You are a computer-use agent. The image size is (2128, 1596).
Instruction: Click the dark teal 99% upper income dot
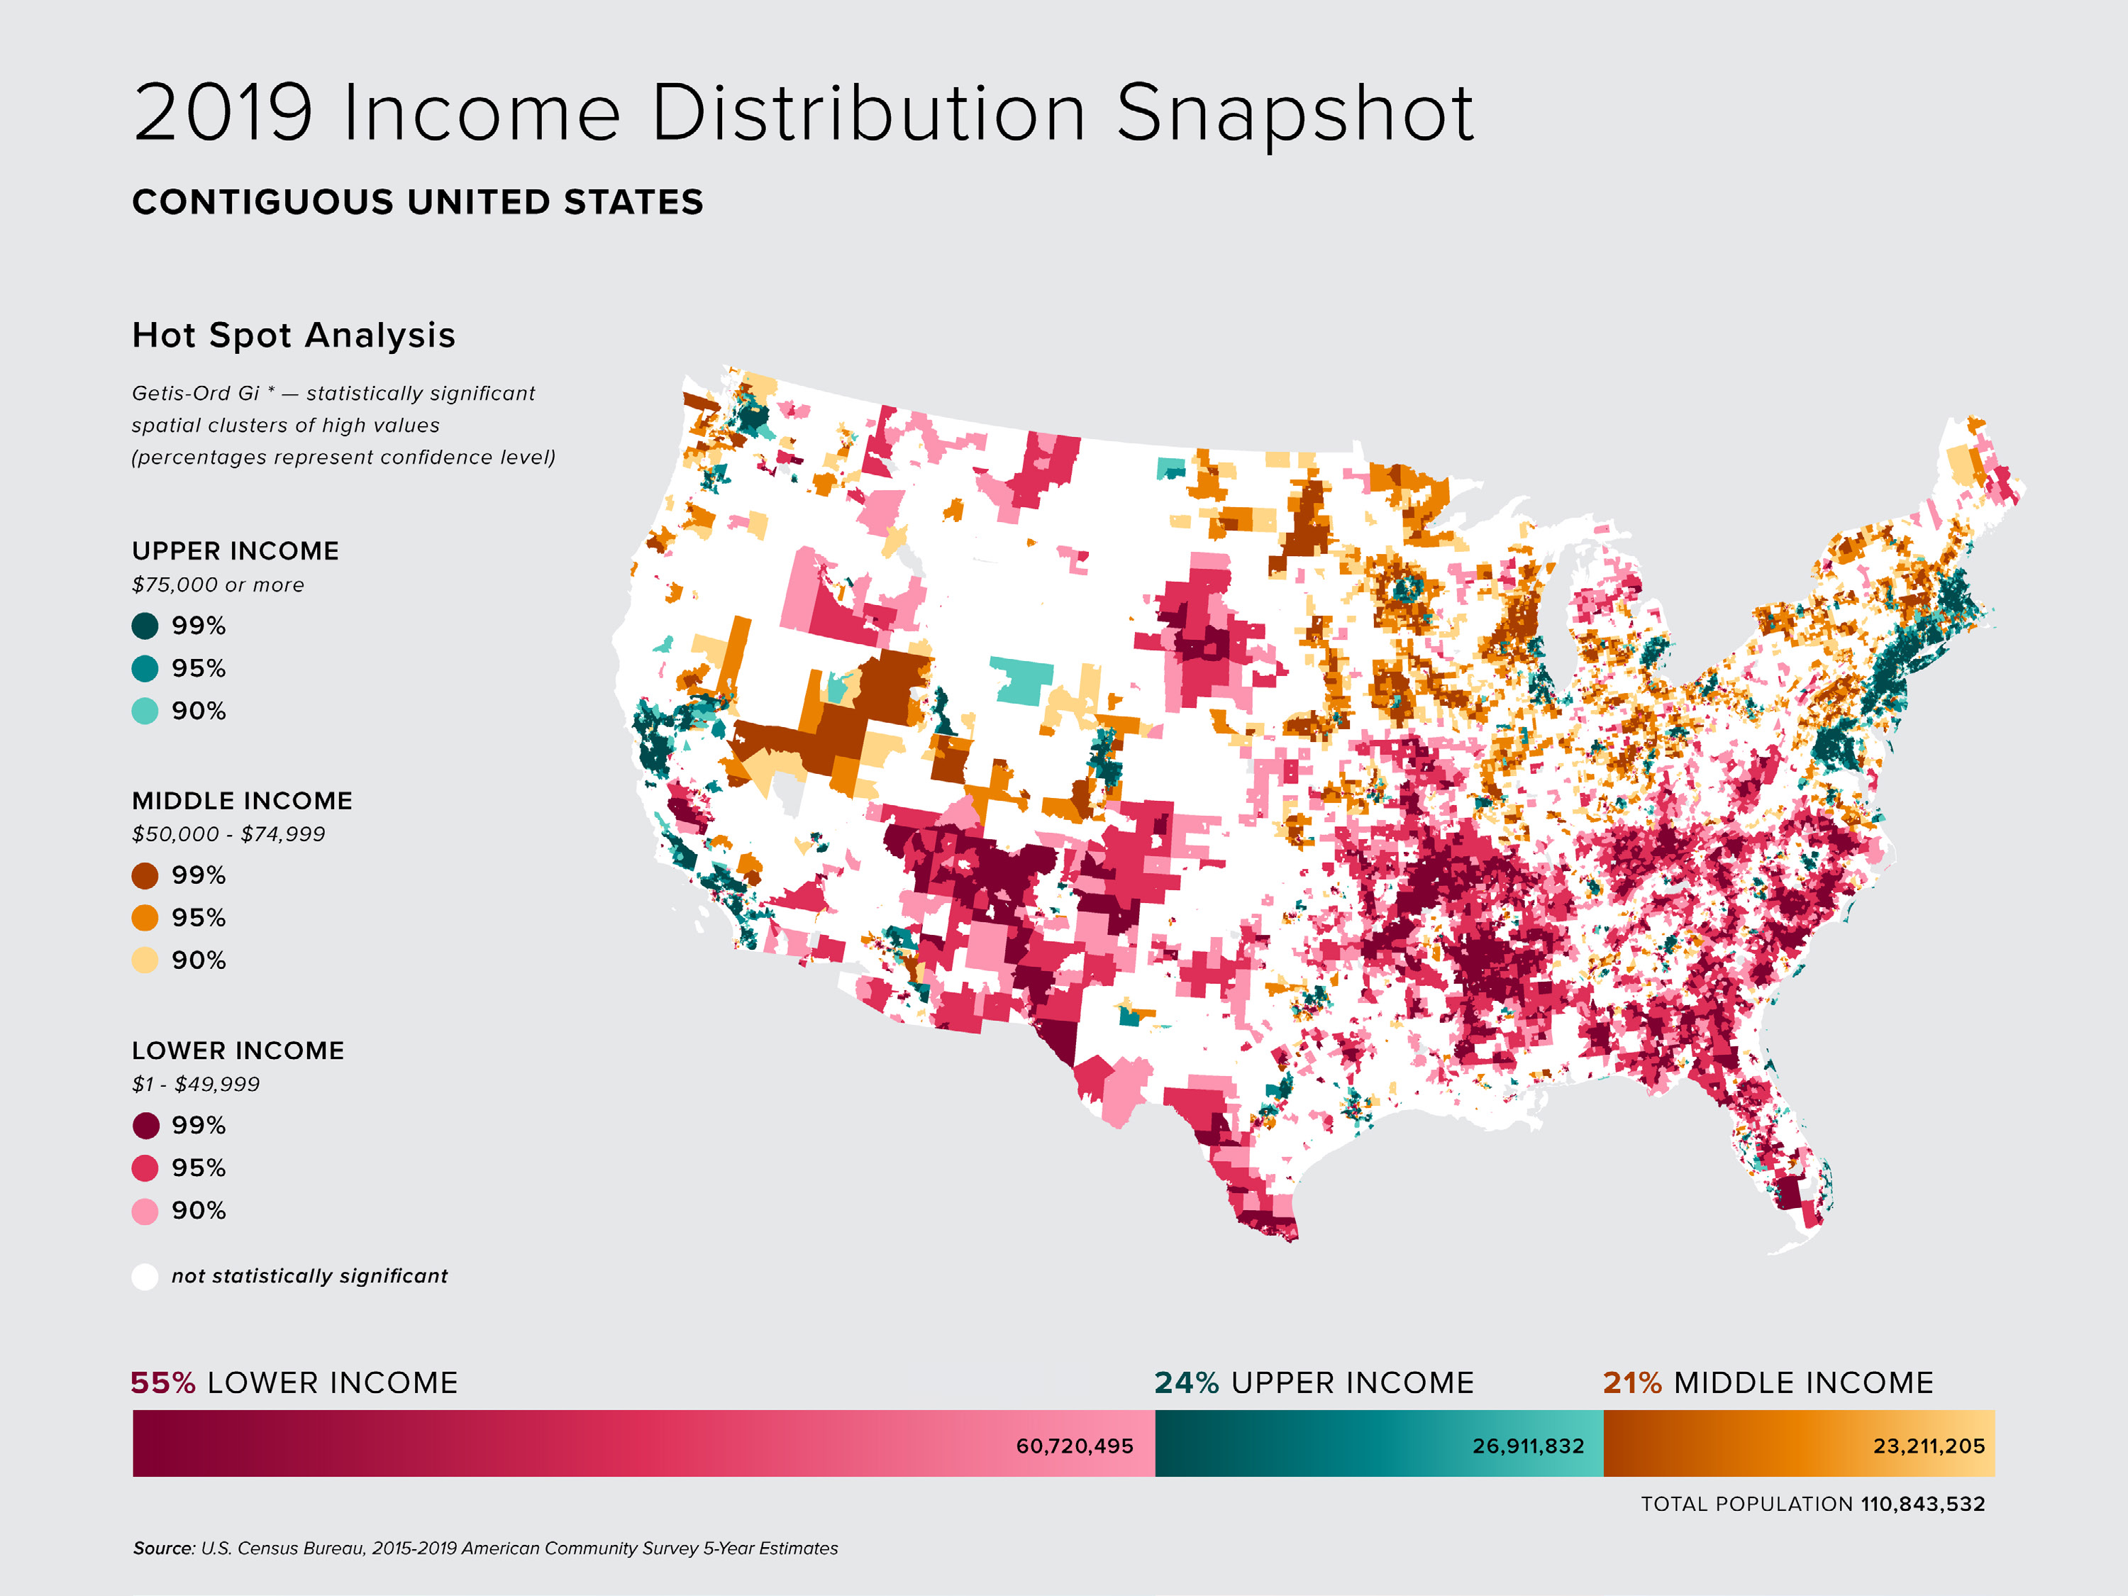[x=144, y=626]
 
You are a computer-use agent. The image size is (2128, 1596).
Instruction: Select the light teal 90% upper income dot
[x=144, y=711]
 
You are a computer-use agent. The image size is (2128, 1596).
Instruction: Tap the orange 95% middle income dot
[x=144, y=918]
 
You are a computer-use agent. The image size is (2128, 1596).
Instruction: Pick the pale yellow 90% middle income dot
[x=144, y=960]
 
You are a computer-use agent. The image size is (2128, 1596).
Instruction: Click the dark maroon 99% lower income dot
[x=144, y=1126]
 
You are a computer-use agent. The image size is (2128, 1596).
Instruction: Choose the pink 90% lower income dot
[x=144, y=1212]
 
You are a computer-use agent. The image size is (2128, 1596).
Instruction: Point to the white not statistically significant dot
[x=144, y=1277]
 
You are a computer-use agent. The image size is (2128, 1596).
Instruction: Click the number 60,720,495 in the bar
[x=1074, y=1446]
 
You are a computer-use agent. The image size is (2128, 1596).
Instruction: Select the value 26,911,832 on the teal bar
[x=1528, y=1446]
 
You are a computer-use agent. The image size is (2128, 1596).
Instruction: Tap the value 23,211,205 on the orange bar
[x=1928, y=1446]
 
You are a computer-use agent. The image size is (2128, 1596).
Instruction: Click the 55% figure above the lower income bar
[x=162, y=1383]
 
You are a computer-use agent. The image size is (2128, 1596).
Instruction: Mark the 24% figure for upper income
[x=1186, y=1383]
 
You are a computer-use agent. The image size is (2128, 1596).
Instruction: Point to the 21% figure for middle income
[x=1631, y=1383]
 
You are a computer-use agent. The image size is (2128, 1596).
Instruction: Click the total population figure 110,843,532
[x=1922, y=1504]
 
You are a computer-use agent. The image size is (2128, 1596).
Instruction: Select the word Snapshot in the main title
[x=1294, y=113]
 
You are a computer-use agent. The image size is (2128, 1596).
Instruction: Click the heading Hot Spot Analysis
[x=294, y=335]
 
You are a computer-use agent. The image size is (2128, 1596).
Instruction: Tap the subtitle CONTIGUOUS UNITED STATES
[x=418, y=202]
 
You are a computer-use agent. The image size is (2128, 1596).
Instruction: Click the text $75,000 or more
[x=218, y=585]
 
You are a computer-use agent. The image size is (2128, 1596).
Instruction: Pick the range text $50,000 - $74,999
[x=228, y=834]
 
